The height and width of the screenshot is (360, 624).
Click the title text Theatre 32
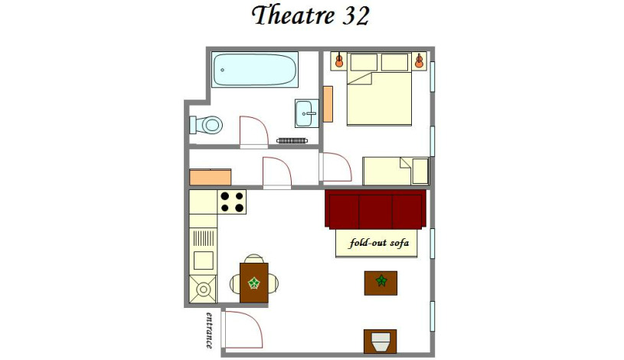(x=310, y=15)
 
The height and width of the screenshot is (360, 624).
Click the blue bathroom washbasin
(x=305, y=114)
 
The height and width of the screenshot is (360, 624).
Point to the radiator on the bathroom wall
(x=291, y=141)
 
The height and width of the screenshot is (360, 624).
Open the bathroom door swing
(x=253, y=130)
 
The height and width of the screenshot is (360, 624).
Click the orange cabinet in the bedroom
(x=328, y=103)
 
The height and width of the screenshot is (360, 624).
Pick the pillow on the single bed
(x=420, y=170)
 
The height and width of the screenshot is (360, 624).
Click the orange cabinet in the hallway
(x=210, y=177)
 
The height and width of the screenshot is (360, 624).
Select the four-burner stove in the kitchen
(x=233, y=201)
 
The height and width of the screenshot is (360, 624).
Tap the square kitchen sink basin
(x=204, y=260)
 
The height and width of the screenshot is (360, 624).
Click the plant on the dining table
(x=253, y=283)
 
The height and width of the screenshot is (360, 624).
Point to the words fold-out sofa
(x=378, y=244)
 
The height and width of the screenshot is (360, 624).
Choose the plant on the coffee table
(x=381, y=282)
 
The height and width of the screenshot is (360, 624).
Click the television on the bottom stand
(x=381, y=340)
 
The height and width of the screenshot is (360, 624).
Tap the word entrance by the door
(x=209, y=330)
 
